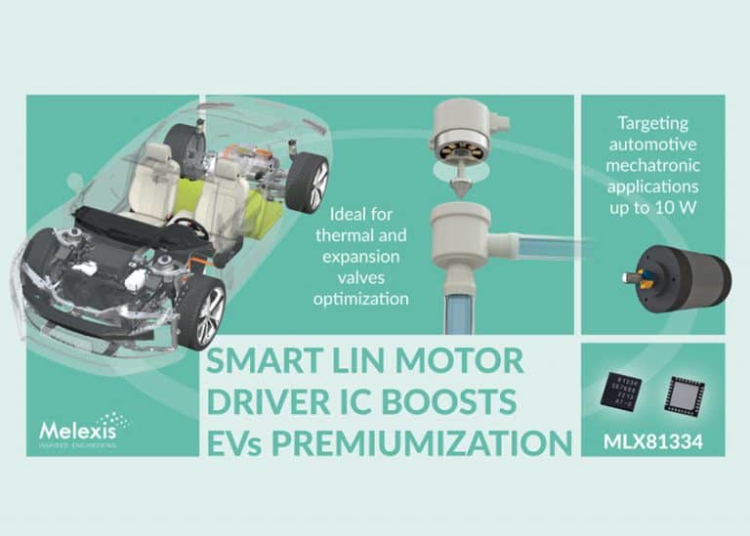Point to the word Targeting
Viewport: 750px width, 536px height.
[652, 124]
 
